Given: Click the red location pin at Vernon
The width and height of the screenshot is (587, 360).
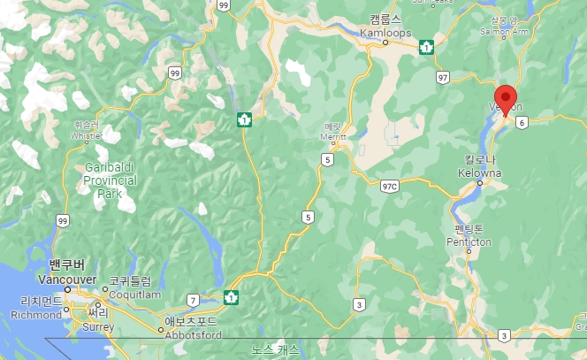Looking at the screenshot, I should tap(507, 97).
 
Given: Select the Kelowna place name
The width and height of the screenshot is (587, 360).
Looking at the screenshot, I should tap(480, 172).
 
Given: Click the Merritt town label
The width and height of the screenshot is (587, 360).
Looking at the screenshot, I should tap(333, 137).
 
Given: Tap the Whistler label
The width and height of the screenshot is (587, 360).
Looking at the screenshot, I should tap(88, 136).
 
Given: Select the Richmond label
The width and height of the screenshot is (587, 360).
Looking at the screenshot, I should tap(37, 313).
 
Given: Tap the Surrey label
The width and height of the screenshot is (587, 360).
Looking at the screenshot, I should tap(97, 325).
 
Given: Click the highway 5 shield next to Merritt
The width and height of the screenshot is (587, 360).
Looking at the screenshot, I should tap(327, 160).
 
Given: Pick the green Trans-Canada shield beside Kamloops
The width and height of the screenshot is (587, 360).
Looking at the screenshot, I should tap(426, 46).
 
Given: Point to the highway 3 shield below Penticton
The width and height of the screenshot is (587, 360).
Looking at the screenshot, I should tap(503, 335).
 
